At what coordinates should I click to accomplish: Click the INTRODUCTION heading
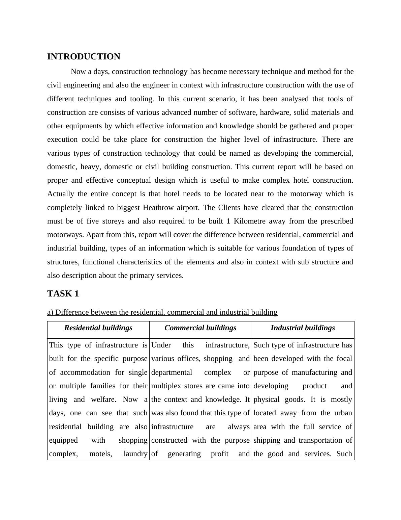pos(84,57)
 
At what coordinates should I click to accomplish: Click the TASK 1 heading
pos(63,294)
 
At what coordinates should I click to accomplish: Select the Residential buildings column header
pos(98,328)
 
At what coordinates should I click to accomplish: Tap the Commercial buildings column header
pos(201,328)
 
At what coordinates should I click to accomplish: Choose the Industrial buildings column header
pos(303,328)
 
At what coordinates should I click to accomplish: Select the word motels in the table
pos(100,454)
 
